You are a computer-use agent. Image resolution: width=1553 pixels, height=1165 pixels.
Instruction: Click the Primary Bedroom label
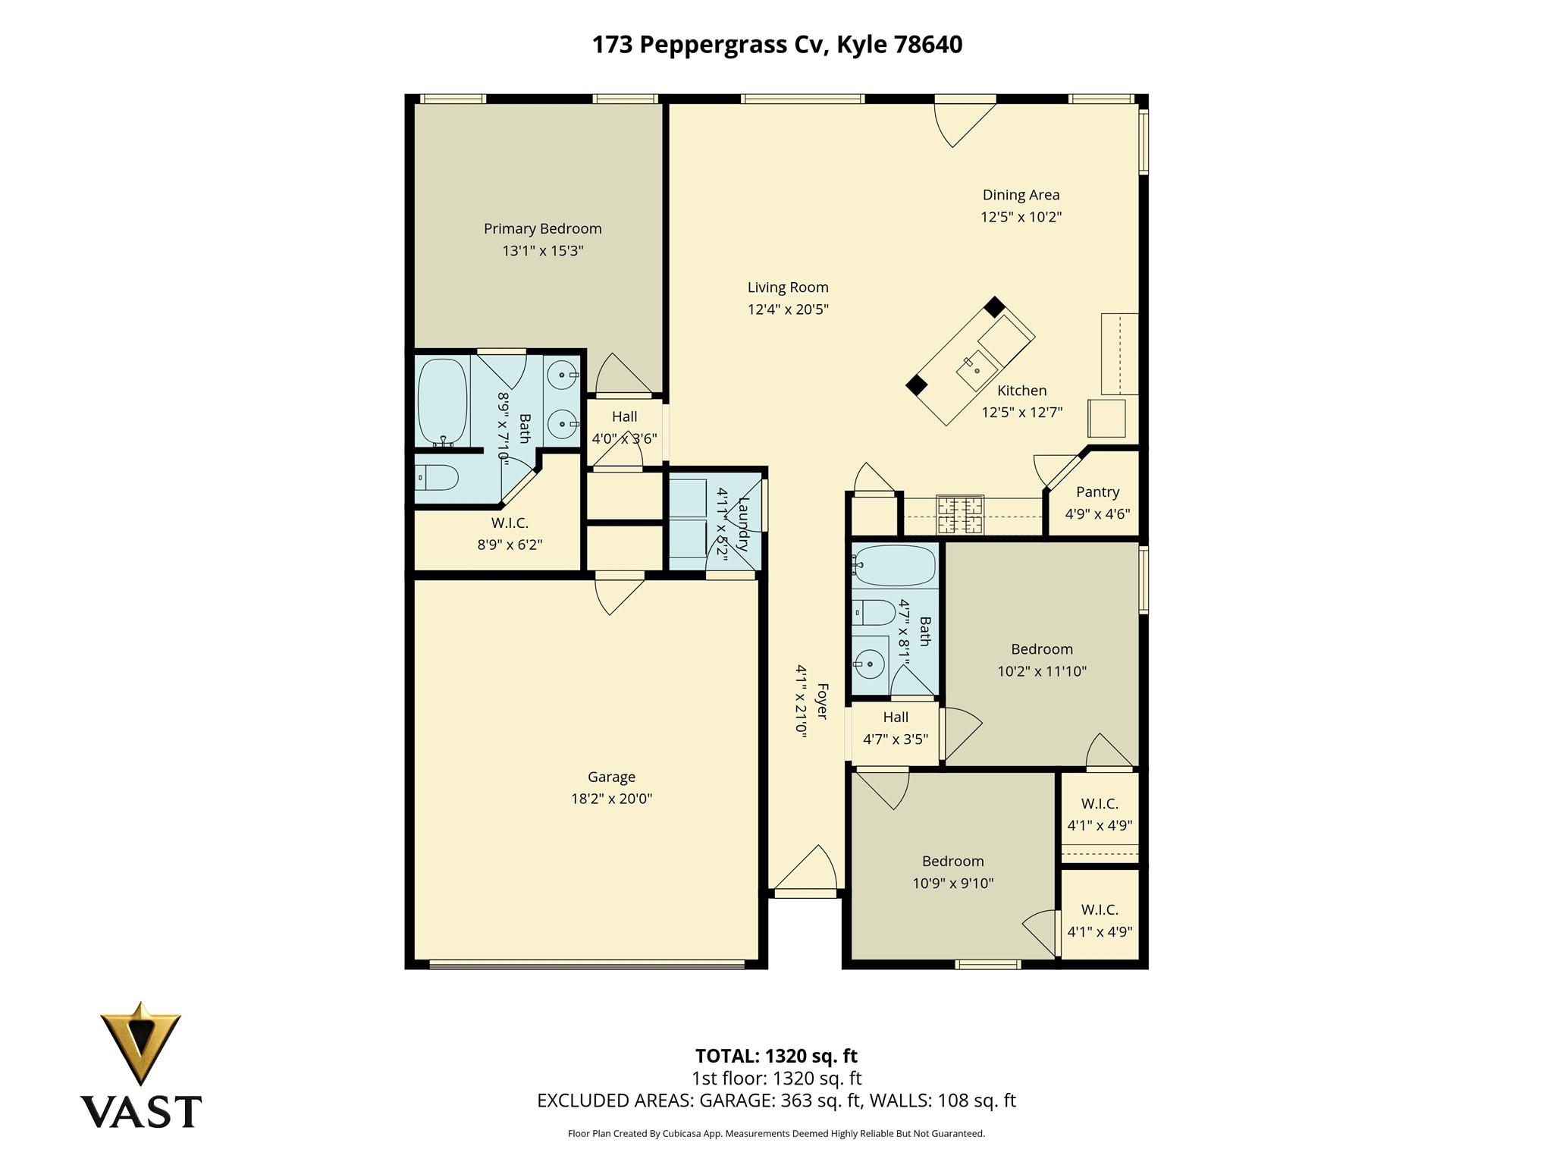click(x=542, y=228)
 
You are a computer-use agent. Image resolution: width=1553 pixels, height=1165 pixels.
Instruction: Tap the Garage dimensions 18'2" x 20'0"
click(x=611, y=799)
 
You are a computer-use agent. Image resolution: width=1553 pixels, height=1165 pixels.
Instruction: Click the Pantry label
click(x=1097, y=491)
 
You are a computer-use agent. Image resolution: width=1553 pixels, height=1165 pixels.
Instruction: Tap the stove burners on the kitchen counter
click(x=960, y=514)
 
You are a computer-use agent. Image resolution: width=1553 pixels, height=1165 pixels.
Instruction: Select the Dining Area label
click(x=1021, y=195)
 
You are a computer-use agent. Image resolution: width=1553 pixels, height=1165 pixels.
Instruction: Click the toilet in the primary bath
click(x=438, y=478)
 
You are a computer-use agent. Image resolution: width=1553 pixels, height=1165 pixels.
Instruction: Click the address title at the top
click(x=776, y=45)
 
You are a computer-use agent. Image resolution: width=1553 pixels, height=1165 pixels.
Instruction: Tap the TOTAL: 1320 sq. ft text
click(x=776, y=1056)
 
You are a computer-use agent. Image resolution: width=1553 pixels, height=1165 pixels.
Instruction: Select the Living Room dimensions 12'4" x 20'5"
click(x=788, y=309)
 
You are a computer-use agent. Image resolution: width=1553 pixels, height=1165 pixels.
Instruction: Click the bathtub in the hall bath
click(x=895, y=566)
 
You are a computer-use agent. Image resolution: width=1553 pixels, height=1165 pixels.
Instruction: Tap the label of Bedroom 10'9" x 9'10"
click(x=952, y=861)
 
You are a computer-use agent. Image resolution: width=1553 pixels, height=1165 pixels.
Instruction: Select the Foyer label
click(x=821, y=702)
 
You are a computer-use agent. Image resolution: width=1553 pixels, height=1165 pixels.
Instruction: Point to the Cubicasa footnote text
click(x=776, y=1134)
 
